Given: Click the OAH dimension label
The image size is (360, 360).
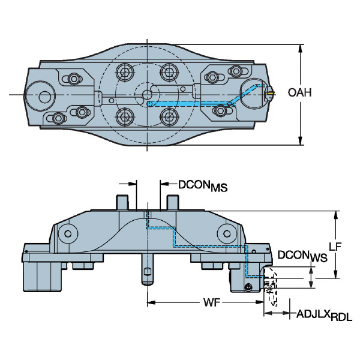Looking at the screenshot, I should [299, 92].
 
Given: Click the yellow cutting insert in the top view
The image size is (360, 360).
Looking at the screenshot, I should [271, 94].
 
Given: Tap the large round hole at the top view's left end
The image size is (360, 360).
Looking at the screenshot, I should [43, 95].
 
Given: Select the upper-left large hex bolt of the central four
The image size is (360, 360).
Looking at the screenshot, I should [125, 73].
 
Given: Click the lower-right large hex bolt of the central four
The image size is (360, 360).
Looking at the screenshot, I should [167, 116].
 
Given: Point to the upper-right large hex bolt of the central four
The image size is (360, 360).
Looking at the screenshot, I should [167, 73].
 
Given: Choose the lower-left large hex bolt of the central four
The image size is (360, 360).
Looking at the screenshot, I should [125, 116].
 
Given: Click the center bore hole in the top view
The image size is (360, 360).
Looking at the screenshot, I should [146, 94].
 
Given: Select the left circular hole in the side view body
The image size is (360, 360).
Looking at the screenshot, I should [68, 232].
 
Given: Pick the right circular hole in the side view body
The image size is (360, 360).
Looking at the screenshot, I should [227, 232].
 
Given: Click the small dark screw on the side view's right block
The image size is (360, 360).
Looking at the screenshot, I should [248, 289].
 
